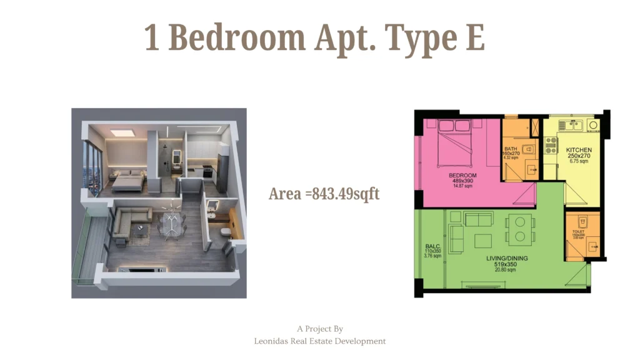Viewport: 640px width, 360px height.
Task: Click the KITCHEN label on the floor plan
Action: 579,151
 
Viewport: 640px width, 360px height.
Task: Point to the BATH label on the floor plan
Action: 512,149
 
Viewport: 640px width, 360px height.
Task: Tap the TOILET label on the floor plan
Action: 578,232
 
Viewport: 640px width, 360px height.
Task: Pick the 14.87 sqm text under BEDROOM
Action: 462,186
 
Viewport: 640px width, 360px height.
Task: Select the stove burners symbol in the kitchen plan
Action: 551,146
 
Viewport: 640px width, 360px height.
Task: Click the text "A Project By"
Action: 320,329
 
